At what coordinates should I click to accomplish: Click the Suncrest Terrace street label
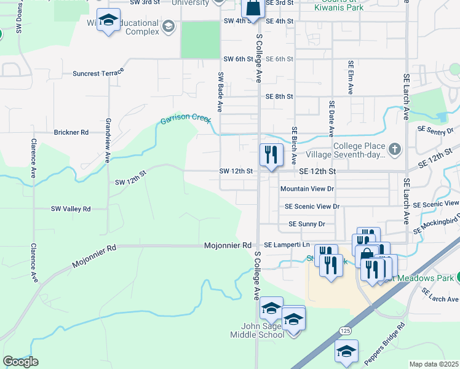point(98,73)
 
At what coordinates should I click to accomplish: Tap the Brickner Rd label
point(71,132)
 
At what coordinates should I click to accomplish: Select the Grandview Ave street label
point(108,140)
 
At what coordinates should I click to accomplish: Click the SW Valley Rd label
point(71,209)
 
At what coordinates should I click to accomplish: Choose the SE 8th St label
point(279,97)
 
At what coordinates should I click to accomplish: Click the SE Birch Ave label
point(295,143)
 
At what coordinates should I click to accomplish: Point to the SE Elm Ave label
point(351,77)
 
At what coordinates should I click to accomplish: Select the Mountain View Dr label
point(306,189)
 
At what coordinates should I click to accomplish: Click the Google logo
point(20,362)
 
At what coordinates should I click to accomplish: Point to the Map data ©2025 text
point(434,364)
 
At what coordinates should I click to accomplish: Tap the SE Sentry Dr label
point(437,130)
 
